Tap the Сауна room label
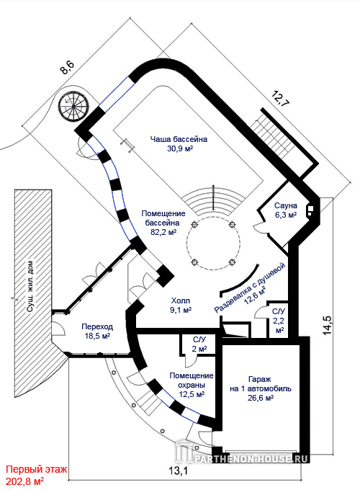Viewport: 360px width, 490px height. (286, 205)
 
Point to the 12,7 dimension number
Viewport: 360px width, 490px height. (280, 100)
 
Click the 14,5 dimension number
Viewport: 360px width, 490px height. (327, 325)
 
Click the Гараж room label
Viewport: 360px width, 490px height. (260, 379)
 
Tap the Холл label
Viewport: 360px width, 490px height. (181, 301)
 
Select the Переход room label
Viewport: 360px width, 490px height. (97, 327)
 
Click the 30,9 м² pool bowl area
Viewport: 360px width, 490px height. (180, 148)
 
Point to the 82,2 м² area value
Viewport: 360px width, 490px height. (163, 232)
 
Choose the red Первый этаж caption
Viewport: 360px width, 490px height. (37, 469)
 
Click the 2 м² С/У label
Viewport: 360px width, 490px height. (199, 349)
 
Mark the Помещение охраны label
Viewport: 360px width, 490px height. (192, 380)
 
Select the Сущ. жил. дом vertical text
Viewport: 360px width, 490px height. (30, 286)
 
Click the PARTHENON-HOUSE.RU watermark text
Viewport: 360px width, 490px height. (251, 458)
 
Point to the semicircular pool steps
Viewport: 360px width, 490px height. (213, 201)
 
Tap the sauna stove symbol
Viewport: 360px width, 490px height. (310, 210)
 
